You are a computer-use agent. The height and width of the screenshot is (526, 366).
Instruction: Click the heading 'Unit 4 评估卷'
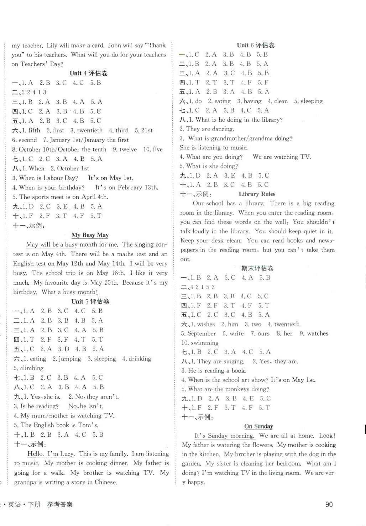click(89, 73)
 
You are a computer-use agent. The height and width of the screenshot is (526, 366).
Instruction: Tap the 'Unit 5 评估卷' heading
click(90, 301)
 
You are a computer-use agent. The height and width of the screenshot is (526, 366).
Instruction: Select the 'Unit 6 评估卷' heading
click(256, 45)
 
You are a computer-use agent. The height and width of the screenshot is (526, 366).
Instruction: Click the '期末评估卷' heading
click(257, 268)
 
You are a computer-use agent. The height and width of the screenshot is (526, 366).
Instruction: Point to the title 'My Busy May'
click(90, 235)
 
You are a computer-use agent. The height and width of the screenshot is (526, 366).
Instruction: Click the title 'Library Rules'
click(257, 194)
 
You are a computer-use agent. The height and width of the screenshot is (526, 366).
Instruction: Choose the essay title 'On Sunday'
click(258, 426)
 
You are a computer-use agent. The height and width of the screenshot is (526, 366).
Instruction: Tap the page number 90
click(329, 504)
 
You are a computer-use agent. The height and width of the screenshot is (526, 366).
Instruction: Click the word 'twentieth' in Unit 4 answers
click(90, 130)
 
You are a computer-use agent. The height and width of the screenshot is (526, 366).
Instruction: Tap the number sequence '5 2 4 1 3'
click(34, 92)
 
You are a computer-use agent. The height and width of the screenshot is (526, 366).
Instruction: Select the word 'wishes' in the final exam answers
click(206, 324)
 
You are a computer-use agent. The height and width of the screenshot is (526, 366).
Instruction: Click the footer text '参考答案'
click(60, 504)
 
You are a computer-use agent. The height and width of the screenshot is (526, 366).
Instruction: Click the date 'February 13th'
click(137, 187)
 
